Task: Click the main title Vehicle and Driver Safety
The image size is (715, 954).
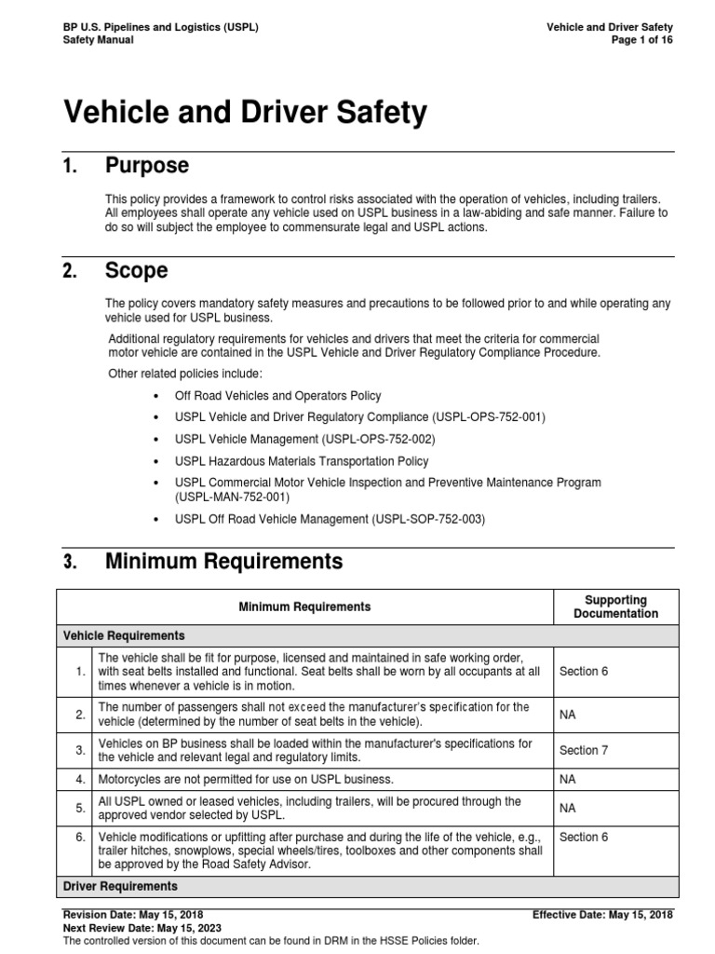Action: tap(245, 113)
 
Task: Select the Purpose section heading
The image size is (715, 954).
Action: tap(147, 166)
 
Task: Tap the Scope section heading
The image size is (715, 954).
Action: tap(136, 271)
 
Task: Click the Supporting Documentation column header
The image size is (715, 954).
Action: tap(615, 606)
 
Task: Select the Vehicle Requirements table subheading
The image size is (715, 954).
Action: tap(124, 635)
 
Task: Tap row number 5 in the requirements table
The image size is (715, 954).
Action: tap(80, 808)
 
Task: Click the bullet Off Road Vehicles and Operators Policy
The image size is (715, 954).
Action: tap(277, 396)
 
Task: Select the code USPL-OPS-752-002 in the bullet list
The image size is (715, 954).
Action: tap(378, 439)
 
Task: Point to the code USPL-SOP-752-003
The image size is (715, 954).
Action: tap(428, 519)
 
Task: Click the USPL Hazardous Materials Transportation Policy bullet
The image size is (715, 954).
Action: tap(302, 461)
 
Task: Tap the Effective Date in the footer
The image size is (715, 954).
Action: tap(602, 915)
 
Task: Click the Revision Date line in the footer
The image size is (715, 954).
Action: tap(132, 915)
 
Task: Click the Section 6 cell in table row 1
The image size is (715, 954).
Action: tap(584, 672)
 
